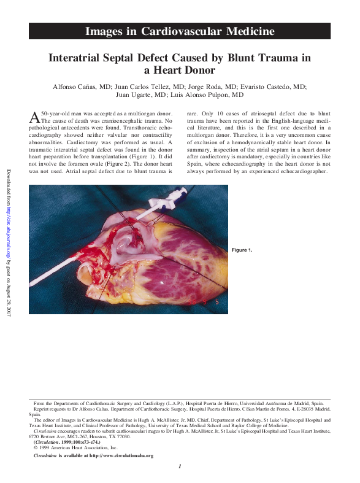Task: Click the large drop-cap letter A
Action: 35,117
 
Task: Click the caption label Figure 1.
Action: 241,250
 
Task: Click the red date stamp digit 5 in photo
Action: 216,303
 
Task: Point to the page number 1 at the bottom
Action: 179,468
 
